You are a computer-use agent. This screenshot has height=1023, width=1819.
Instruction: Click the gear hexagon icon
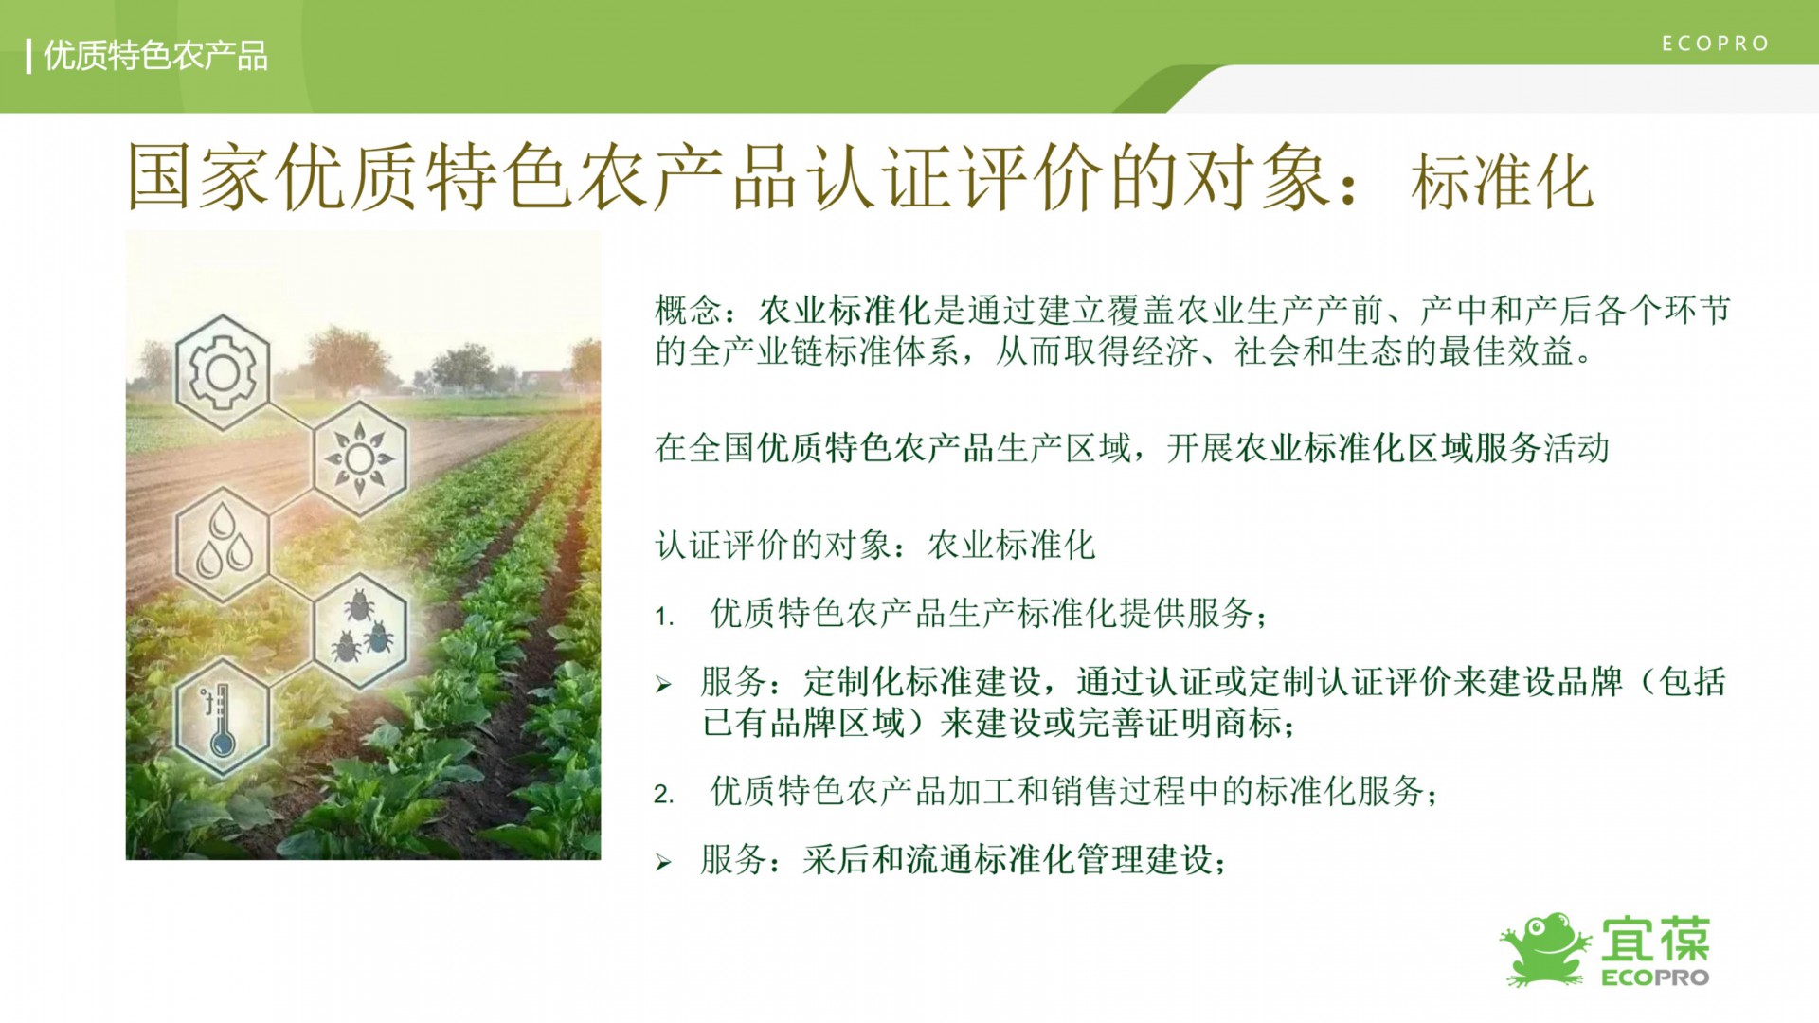[x=223, y=373]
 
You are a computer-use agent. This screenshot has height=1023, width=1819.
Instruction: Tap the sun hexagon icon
[x=360, y=459]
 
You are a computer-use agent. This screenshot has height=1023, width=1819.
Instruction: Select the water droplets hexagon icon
[x=223, y=545]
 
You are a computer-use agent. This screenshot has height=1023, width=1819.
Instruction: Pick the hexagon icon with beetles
[x=360, y=630]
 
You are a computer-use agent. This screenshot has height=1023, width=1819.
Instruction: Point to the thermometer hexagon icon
[x=223, y=717]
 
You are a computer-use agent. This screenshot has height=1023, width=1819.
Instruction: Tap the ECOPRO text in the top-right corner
[x=1716, y=44]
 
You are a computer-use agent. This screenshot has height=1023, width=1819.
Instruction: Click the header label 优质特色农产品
[x=155, y=56]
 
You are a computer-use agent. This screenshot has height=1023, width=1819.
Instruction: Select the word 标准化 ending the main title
[x=1502, y=182]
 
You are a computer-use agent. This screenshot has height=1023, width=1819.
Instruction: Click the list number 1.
[x=663, y=617]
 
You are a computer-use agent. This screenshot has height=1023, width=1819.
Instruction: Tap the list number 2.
[x=663, y=794]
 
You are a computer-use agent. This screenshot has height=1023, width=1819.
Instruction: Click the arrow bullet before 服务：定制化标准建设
[x=663, y=684]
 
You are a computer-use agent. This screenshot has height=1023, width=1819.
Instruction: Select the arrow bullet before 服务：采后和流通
[x=663, y=862]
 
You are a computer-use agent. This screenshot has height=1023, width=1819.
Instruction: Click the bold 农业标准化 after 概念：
[x=844, y=310]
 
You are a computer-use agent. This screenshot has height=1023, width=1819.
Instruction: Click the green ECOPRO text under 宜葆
[x=1655, y=978]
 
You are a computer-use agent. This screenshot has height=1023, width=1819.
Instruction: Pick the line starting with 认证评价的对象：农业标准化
[x=875, y=545]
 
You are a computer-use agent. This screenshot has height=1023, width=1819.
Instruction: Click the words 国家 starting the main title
[x=199, y=177]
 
